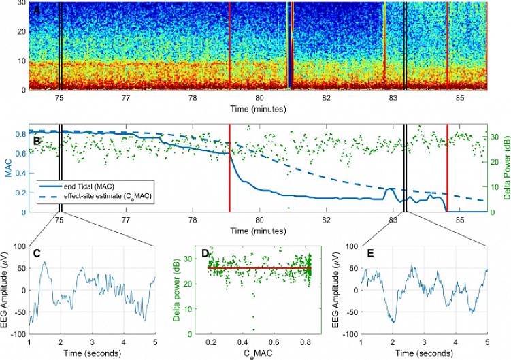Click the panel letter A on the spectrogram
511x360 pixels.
37,12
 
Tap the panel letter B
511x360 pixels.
37,142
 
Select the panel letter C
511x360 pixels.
37,254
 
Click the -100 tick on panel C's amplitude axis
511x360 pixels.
16,335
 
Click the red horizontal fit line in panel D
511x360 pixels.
259,269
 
